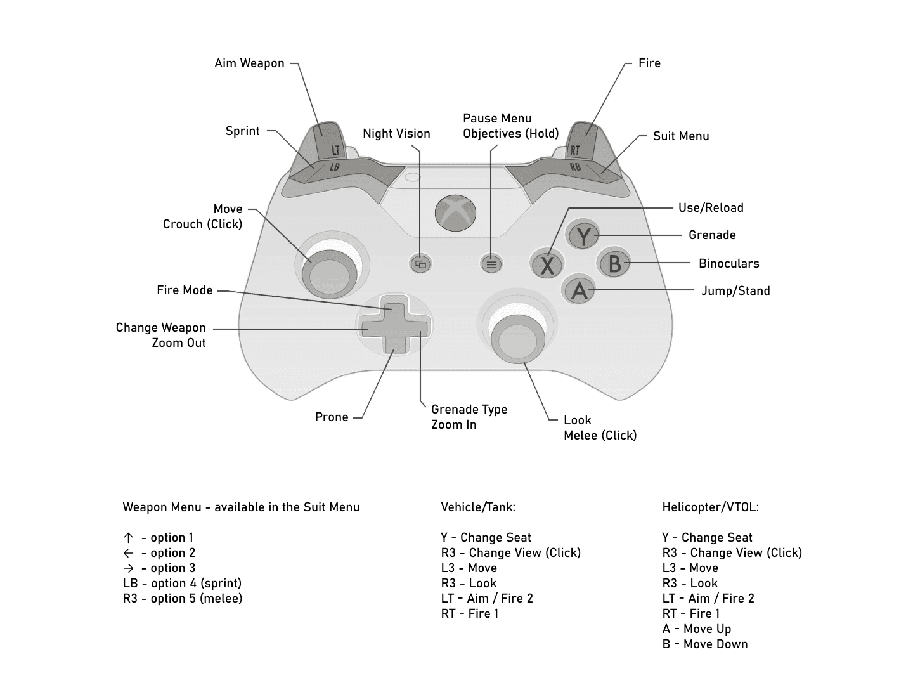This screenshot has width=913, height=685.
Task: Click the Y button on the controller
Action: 583,236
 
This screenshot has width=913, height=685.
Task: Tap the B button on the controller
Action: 614,262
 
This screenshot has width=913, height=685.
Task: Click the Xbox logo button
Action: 455,212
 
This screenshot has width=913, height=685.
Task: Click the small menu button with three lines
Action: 491,263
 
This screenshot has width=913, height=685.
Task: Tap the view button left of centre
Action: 420,263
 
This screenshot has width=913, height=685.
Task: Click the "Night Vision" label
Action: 396,133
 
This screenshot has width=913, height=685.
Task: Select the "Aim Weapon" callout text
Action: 249,63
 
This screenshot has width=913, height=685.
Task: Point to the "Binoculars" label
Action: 728,263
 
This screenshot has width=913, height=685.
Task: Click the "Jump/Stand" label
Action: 735,290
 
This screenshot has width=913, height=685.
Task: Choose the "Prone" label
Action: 332,417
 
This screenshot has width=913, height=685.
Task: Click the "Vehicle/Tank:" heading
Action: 478,507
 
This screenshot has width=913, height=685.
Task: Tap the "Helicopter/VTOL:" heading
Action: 710,507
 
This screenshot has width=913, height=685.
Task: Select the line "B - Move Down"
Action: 705,644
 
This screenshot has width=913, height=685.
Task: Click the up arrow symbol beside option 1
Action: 128,537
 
